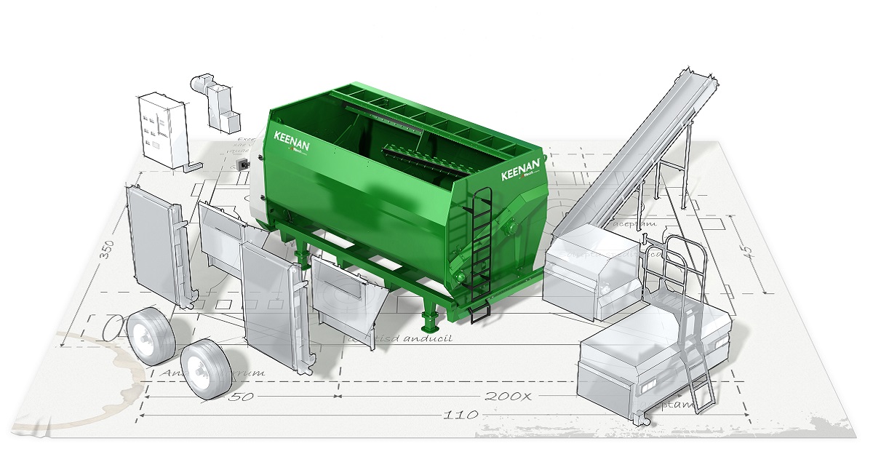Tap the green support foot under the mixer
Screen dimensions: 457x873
(430, 320)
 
